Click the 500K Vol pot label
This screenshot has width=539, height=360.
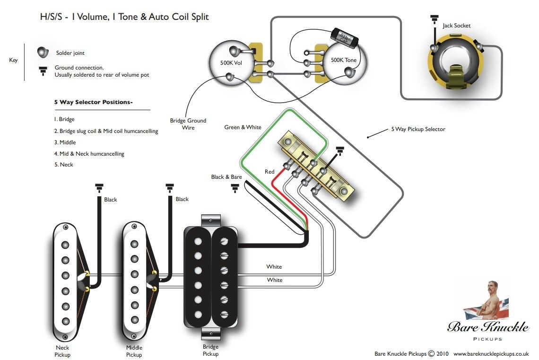(232, 62)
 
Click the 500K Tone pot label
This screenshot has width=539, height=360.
(344, 60)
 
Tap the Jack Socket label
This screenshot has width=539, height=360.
(456, 26)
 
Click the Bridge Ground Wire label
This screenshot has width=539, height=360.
(188, 124)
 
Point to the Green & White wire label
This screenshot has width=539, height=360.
(243, 127)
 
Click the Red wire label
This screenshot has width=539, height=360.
(269, 172)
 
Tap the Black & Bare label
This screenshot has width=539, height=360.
(226, 177)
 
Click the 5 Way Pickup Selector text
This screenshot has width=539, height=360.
(418, 129)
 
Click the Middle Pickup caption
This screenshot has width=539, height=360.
(134, 351)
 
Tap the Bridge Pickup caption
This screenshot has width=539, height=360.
(210, 351)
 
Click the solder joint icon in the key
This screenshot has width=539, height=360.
(43, 52)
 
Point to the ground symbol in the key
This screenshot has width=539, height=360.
(43, 71)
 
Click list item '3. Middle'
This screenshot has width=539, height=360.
(65, 142)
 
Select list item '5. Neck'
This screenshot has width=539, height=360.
(64, 165)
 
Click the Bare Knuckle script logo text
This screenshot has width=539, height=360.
(488, 326)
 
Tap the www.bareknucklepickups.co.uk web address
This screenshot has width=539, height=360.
(491, 353)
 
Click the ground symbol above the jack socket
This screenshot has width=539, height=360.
(434, 19)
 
